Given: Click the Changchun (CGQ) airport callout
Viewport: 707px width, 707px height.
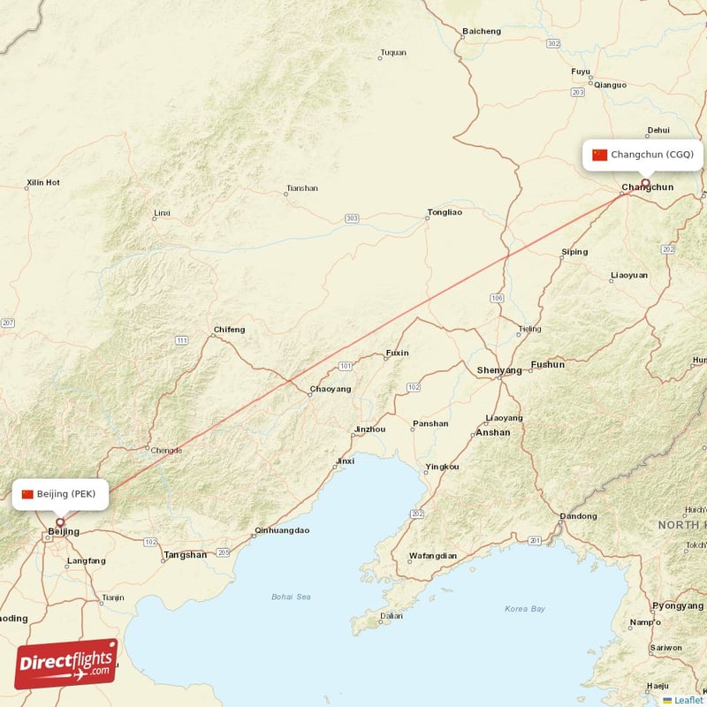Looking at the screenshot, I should [644, 155].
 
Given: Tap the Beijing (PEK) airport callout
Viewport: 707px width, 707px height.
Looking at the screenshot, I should [60, 494].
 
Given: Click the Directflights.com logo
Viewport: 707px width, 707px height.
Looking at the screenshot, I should [66, 664].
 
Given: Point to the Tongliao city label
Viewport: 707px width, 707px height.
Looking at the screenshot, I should [445, 212].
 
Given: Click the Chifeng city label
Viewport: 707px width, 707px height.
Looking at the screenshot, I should [229, 330].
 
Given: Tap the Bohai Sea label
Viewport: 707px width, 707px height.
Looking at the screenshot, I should [291, 597].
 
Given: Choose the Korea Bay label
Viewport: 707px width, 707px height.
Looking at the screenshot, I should [525, 609].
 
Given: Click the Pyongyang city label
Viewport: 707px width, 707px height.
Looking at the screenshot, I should [678, 605].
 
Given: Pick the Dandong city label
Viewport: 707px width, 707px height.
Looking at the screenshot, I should [579, 516].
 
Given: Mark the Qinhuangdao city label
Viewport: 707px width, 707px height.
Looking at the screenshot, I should [281, 531].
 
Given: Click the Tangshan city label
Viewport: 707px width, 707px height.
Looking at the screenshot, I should [185, 555].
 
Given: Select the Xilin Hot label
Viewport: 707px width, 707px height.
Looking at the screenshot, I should [42, 183].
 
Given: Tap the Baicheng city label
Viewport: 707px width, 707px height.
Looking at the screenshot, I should [481, 32].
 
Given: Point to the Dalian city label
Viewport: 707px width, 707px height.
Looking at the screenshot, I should [391, 616].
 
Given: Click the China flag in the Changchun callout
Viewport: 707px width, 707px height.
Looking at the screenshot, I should [600, 155].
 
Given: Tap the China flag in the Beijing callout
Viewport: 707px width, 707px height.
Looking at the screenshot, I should [27, 494].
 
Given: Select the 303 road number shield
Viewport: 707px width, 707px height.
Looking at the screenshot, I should [353, 218].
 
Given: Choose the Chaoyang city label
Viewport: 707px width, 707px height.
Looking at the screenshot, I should [330, 389].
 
